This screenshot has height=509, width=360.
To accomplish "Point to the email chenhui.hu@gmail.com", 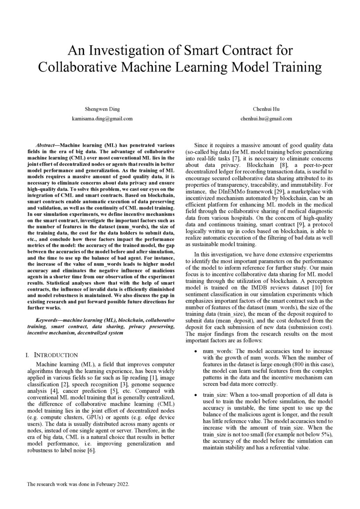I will click(265, 118).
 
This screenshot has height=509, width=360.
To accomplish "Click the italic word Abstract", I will click(46, 145).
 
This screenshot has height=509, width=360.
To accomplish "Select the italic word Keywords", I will click(49, 320).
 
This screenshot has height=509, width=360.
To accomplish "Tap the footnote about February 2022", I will click(78, 484).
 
